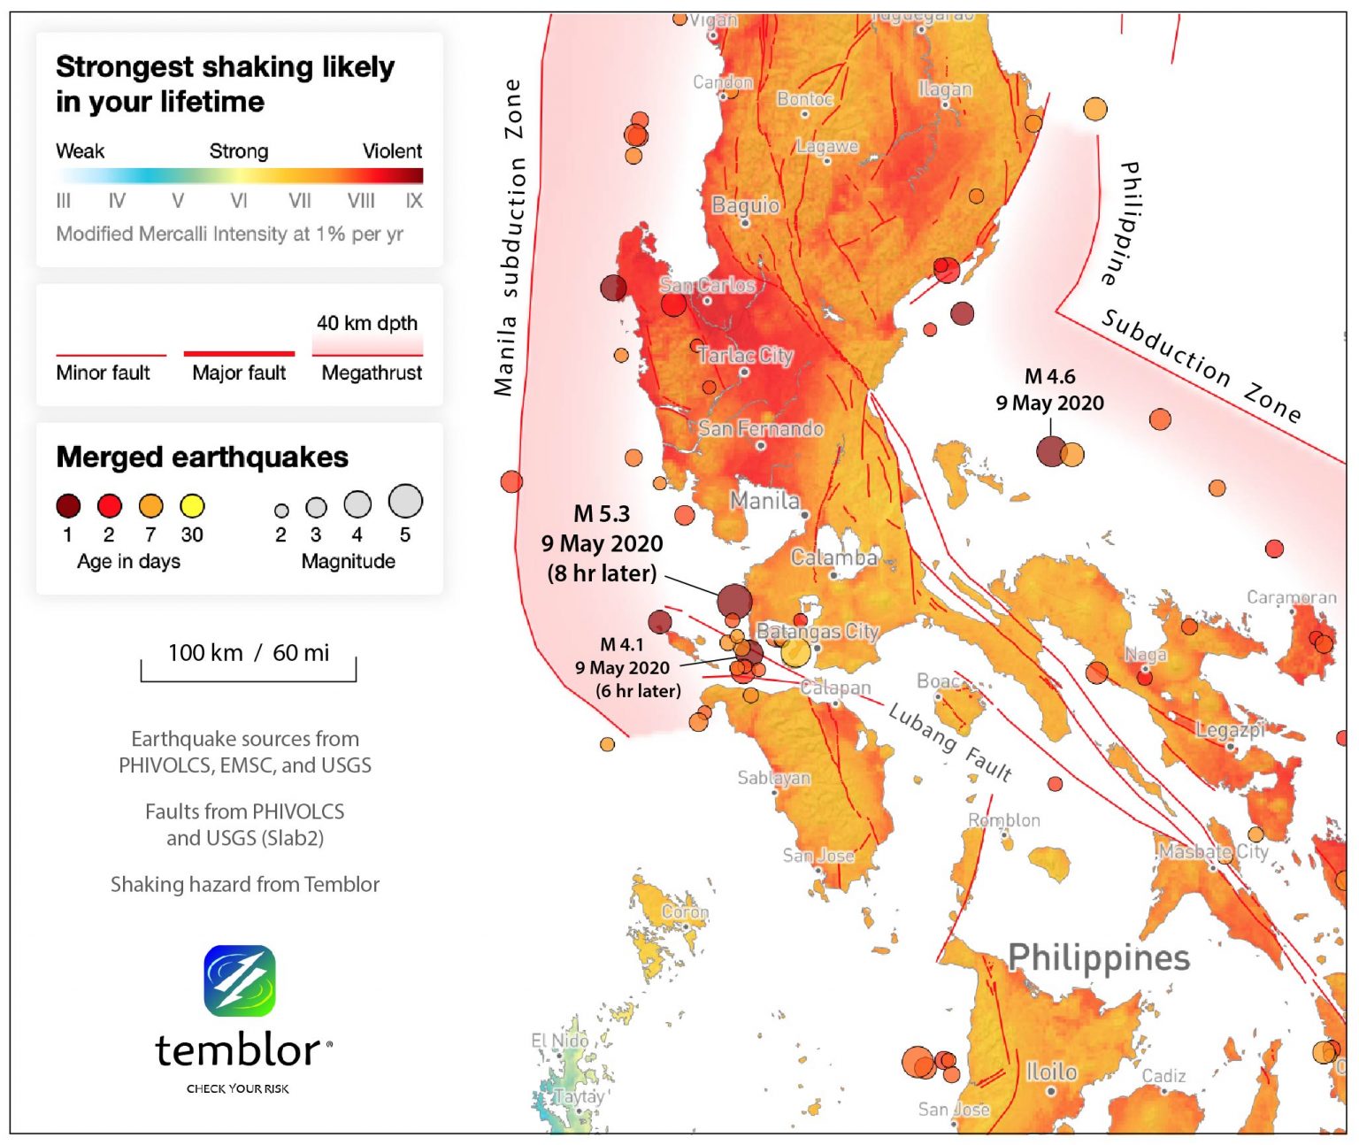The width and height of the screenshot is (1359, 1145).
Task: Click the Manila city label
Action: [764, 501]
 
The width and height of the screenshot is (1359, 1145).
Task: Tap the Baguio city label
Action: [746, 205]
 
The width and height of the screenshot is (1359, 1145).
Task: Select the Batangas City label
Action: [818, 631]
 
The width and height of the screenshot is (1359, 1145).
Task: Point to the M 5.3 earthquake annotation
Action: [602, 542]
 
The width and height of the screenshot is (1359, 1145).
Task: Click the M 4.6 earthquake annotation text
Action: [1050, 389]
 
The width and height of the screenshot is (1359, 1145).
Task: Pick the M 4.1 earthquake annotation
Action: [627, 667]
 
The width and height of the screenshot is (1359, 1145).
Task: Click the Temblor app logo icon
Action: [240, 980]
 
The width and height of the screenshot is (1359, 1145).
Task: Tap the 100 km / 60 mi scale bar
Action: [249, 664]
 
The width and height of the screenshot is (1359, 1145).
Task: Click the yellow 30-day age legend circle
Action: [192, 506]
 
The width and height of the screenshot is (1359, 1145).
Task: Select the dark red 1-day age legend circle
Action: [68, 506]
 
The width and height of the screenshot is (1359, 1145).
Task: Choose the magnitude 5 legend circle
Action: [405, 501]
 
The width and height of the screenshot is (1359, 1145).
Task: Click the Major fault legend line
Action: [239, 354]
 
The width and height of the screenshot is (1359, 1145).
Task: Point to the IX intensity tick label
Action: [414, 201]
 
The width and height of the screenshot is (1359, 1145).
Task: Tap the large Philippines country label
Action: [1099, 957]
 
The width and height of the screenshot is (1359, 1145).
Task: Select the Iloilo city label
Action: [1051, 1072]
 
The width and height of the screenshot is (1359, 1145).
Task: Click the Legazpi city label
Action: [1230, 730]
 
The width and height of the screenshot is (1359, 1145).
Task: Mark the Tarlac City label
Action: [745, 356]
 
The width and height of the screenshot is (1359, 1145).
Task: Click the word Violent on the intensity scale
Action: [392, 151]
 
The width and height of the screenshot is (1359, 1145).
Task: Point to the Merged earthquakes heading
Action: [202, 457]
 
